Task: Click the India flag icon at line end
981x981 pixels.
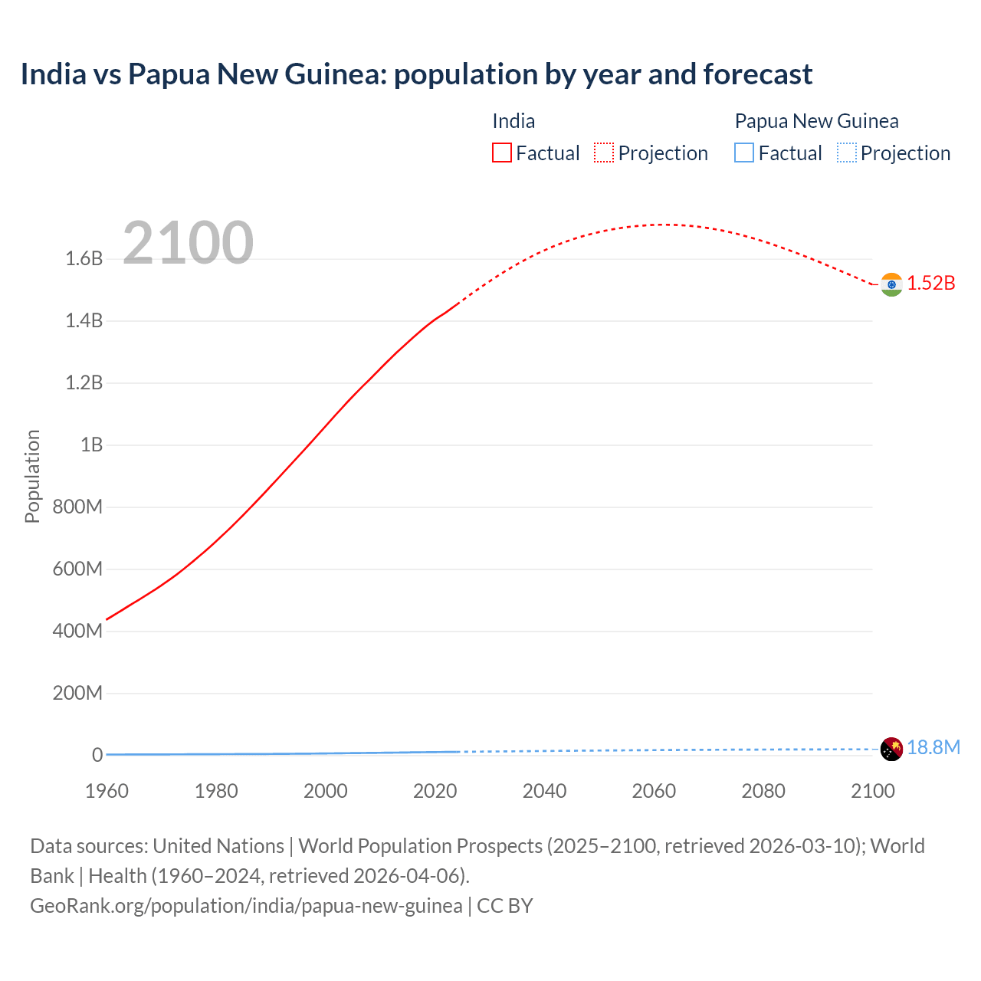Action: tap(891, 284)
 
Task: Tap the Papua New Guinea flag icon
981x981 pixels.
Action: tap(891, 749)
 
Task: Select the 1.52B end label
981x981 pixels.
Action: tap(931, 284)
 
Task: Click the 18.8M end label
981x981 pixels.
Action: tap(933, 748)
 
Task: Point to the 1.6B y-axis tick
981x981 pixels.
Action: tap(84, 259)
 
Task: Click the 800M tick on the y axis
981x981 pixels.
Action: tap(77, 507)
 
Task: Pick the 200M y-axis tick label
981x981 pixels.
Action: tap(77, 694)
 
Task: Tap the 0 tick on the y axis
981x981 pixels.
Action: tap(97, 756)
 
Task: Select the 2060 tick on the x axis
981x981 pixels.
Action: tap(654, 792)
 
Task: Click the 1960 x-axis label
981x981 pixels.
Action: tap(107, 792)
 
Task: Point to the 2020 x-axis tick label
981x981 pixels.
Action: tap(435, 792)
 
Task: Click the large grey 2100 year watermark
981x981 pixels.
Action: tap(188, 243)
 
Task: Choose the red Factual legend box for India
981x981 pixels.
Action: tap(502, 153)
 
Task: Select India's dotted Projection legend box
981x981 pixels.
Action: tap(604, 153)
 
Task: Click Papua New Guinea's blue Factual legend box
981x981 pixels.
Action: tap(744, 153)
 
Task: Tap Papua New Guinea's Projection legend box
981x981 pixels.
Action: tap(846, 153)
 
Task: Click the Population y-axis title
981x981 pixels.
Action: tap(32, 476)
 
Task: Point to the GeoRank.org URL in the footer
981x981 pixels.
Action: tap(246, 906)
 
